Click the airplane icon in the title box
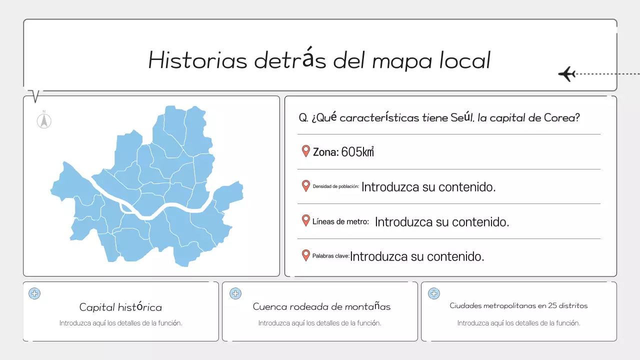(x=566, y=74)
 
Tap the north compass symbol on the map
(x=44, y=120)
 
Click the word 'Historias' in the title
(x=197, y=60)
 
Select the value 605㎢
(x=357, y=152)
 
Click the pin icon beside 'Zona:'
(x=306, y=151)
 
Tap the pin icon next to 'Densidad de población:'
(x=306, y=186)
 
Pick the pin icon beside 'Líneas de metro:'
(x=306, y=220)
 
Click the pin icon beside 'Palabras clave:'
(x=306, y=255)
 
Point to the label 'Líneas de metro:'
(x=340, y=221)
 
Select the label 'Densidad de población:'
(x=335, y=186)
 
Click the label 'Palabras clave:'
(x=330, y=256)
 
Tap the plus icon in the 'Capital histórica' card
(x=34, y=293)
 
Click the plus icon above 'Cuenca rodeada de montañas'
(x=235, y=293)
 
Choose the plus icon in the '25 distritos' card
(x=434, y=293)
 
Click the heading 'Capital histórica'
(x=120, y=307)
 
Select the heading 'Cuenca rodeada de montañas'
(x=321, y=306)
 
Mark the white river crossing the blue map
(x=150, y=213)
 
